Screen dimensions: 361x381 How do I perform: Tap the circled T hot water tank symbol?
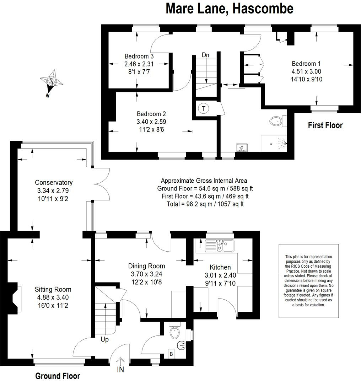click(204, 108)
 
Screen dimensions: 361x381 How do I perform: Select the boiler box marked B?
click(171, 354)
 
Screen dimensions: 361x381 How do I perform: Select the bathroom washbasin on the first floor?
click(242, 147)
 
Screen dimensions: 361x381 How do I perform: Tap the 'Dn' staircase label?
click(205, 55)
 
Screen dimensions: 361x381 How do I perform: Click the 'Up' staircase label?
click(104, 339)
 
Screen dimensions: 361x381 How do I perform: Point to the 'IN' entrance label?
click(120, 370)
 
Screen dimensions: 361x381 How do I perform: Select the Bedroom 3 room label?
click(139, 56)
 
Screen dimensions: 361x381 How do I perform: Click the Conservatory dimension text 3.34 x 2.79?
click(53, 190)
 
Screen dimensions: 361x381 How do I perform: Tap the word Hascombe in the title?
click(263, 9)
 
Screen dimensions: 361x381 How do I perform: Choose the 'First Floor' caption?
click(325, 125)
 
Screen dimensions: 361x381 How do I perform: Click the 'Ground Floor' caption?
click(58, 376)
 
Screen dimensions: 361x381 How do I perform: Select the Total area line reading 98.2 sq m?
click(205, 204)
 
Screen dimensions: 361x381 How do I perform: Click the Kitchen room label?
click(220, 267)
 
